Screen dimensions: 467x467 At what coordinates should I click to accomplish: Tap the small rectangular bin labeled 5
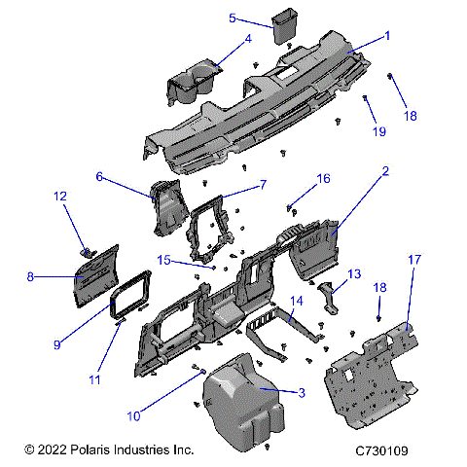[285, 26]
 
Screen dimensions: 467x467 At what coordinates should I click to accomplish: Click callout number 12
[59, 197]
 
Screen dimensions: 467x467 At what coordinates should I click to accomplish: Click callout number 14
[299, 302]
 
